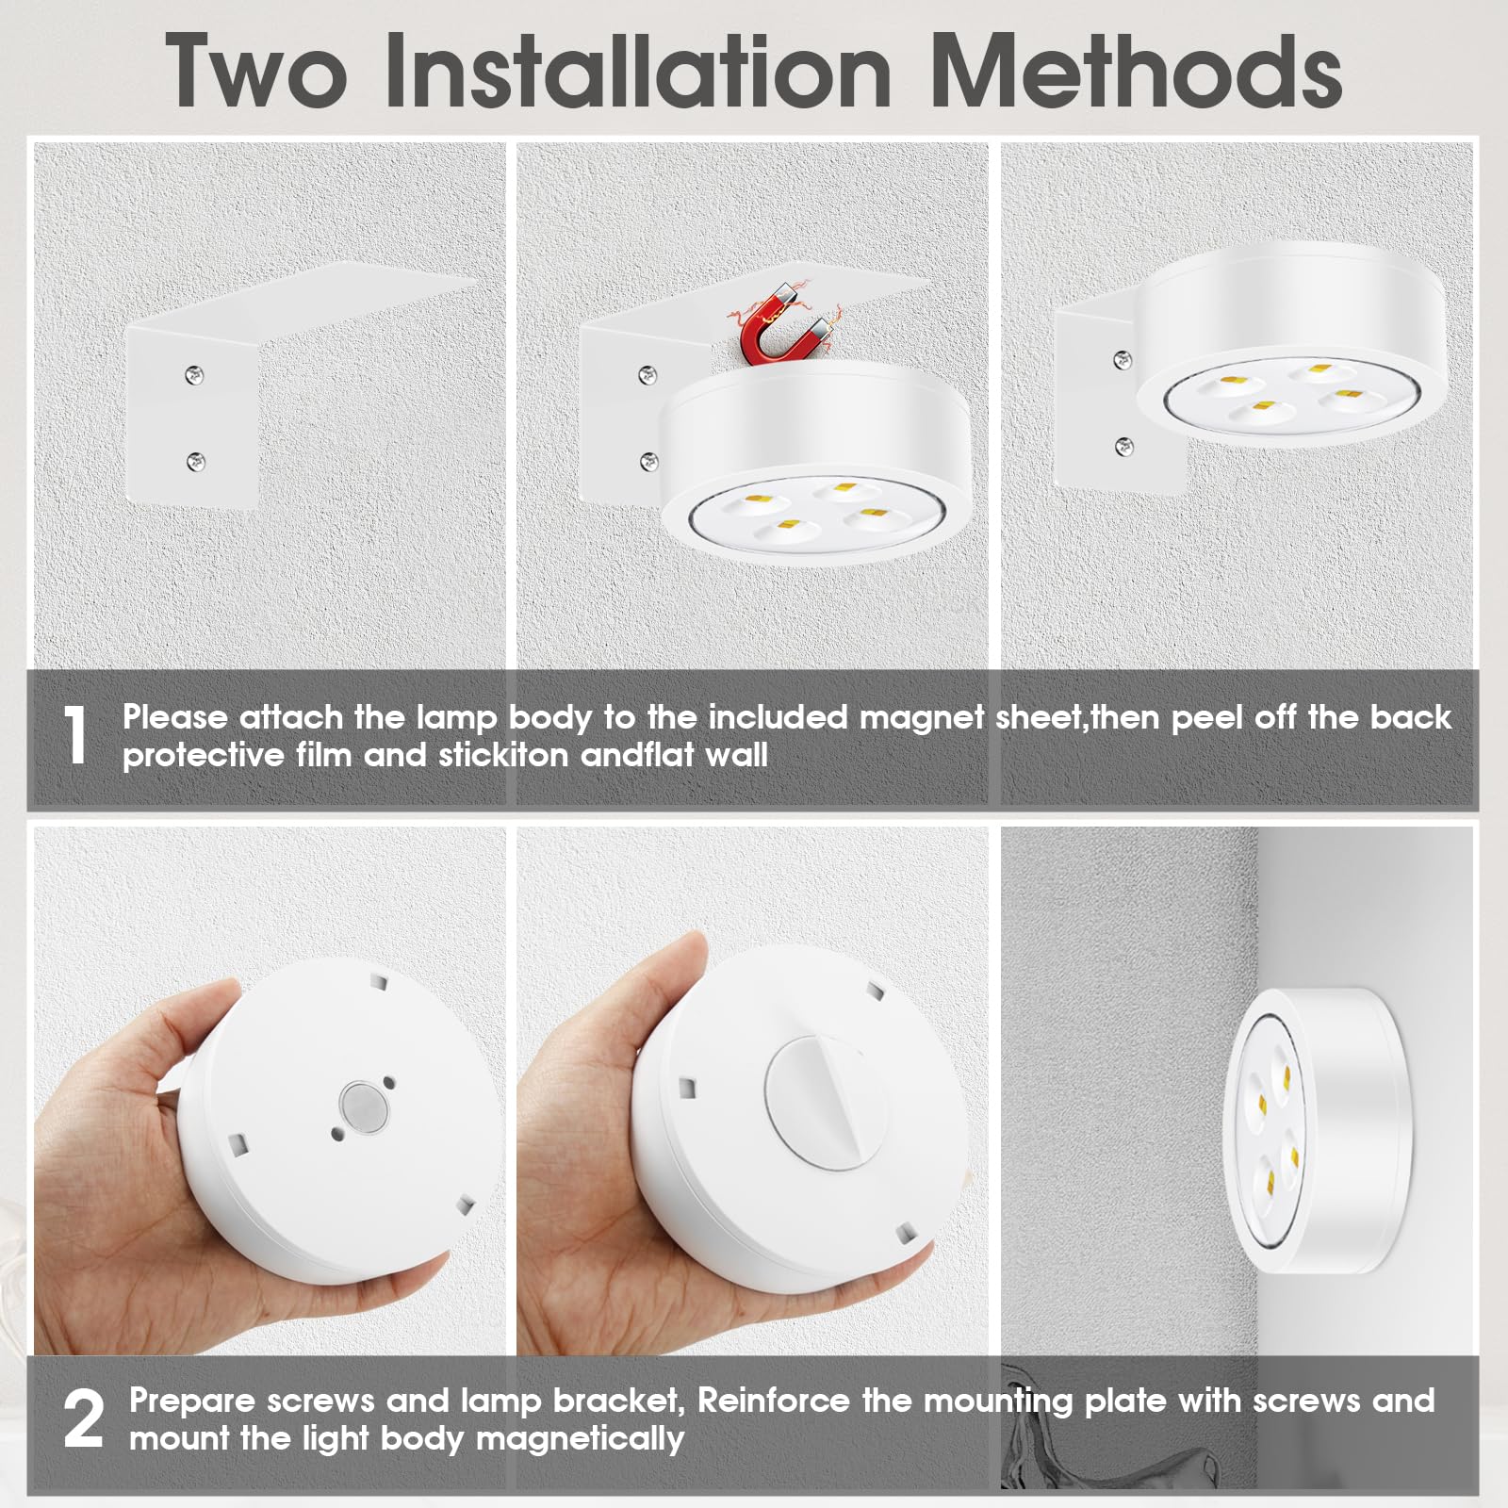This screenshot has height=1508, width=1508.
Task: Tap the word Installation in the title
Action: (x=638, y=71)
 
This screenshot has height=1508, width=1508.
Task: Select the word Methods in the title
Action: (x=1136, y=71)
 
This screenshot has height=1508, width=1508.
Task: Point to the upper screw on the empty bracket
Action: (x=193, y=374)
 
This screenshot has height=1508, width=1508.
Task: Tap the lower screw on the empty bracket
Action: (x=195, y=461)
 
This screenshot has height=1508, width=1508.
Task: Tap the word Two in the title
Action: (x=255, y=71)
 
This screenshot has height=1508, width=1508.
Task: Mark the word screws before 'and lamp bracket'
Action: (x=320, y=1401)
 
